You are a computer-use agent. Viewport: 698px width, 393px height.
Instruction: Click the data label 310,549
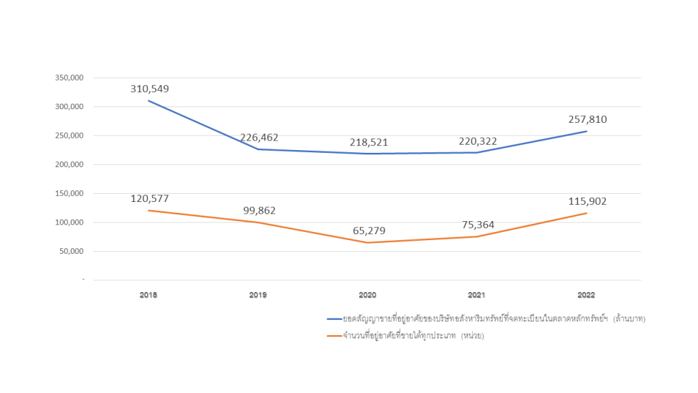(149, 89)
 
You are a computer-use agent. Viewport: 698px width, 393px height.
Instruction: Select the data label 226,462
(259, 137)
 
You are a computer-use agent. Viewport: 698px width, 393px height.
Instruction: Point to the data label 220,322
(477, 141)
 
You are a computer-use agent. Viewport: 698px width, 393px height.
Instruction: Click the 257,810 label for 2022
(587, 119)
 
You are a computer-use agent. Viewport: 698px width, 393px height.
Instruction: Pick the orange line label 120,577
(149, 199)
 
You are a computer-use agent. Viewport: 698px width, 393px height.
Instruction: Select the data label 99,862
(259, 211)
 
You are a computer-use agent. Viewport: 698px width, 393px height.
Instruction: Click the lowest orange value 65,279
(368, 231)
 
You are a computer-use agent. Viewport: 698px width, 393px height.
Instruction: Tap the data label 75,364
(477, 225)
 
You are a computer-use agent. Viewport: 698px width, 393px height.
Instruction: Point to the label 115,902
(587, 201)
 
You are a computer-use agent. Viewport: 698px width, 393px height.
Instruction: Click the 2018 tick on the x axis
(149, 295)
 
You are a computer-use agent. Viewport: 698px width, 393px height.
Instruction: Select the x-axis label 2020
(368, 295)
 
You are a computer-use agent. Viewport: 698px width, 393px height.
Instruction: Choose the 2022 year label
(586, 295)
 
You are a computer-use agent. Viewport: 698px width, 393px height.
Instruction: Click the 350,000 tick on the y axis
(69, 78)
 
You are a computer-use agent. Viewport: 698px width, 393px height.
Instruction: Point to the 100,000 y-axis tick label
(69, 222)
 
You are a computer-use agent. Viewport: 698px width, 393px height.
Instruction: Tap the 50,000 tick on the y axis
(71, 251)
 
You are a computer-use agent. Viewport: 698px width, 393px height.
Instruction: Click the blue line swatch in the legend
(334, 319)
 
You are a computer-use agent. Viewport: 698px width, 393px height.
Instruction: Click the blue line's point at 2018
(149, 101)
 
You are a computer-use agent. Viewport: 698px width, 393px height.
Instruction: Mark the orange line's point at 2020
(368, 242)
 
